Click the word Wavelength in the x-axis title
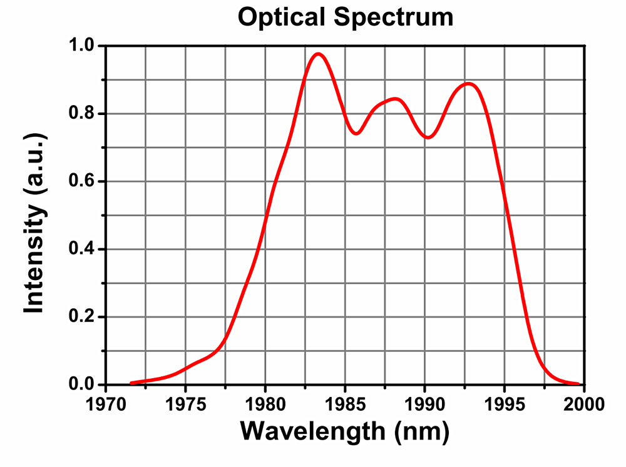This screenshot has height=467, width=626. pyautogui.click(x=311, y=431)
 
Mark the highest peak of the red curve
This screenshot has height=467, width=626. pyautogui.click(x=319, y=54)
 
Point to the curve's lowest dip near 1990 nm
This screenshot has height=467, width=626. pyautogui.click(x=428, y=137)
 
